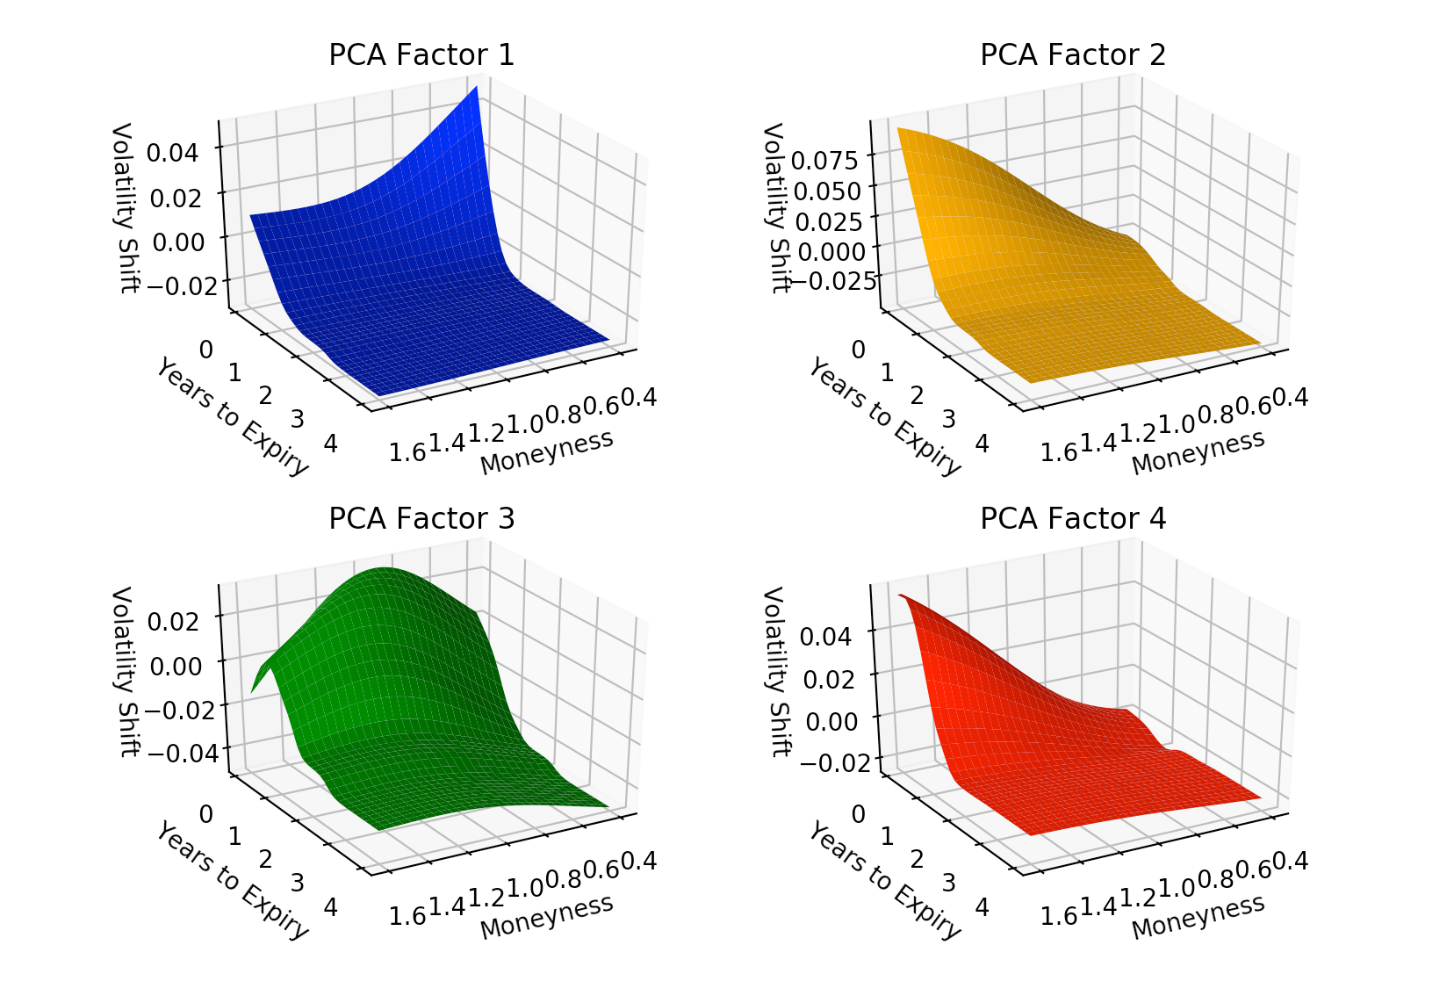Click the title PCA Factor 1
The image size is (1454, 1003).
(421, 55)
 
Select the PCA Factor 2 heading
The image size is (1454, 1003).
(1073, 55)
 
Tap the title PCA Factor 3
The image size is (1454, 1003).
(421, 519)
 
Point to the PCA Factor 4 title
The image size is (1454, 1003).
(1073, 519)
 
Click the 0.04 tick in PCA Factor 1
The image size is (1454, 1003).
(173, 152)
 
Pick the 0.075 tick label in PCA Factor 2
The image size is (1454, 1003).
(824, 160)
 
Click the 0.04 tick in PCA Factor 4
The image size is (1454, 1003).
(825, 635)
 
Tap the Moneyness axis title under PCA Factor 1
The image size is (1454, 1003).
(546, 452)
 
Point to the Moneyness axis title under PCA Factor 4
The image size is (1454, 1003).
(1198, 916)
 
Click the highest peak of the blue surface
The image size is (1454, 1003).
(476, 88)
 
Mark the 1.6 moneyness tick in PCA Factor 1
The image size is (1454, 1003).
(407, 453)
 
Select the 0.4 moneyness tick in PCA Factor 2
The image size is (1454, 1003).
(1291, 398)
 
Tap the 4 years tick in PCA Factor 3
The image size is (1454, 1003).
(330, 906)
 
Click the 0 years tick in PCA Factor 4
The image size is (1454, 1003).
(858, 814)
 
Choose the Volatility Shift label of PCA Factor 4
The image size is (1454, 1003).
(776, 671)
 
